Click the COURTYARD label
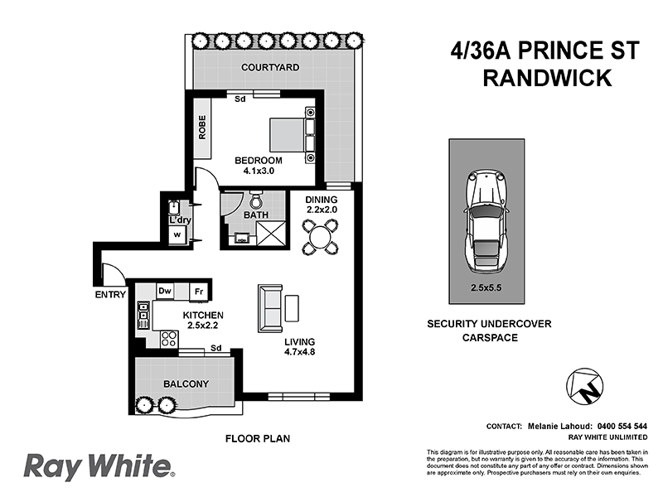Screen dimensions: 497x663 coord(269,66)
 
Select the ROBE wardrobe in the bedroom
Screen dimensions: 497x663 coord(202,127)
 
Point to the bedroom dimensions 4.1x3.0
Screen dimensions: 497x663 coord(258,171)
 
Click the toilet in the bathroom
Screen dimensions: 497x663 coord(255,200)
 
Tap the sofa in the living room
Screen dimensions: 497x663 coord(270,307)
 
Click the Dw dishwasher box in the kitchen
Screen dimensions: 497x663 coord(165,291)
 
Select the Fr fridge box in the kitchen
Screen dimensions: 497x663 coord(199,291)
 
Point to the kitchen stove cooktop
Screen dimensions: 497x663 coord(169,338)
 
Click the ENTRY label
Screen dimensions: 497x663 coord(110,294)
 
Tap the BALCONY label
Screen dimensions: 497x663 coord(186,384)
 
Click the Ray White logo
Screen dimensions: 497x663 coord(98,466)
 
